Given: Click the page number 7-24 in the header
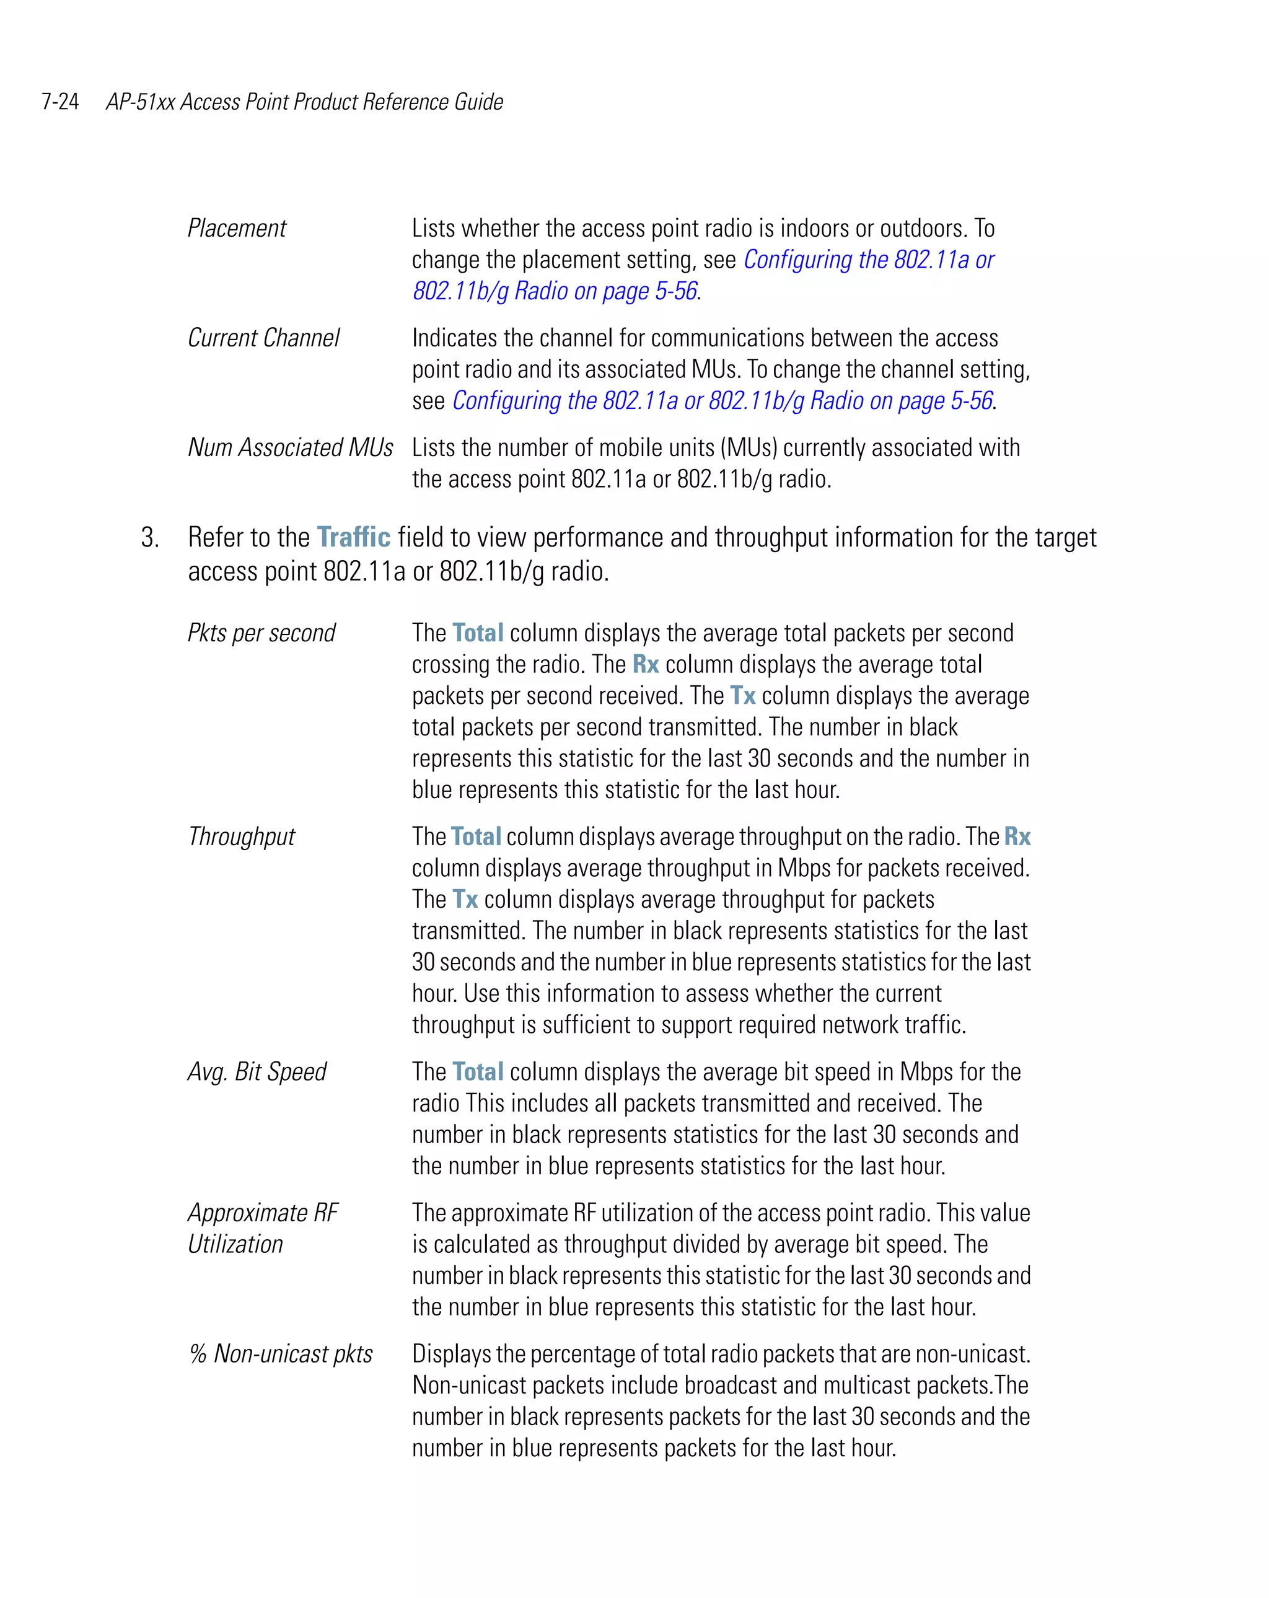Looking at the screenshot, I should (60, 102).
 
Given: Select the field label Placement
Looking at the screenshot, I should (237, 228).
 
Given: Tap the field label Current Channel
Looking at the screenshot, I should (263, 338).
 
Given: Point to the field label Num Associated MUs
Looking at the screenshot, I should (290, 448).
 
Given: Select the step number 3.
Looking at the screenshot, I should (150, 538).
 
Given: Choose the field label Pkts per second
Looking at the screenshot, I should (261, 633).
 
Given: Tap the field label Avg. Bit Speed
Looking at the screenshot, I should (257, 1072).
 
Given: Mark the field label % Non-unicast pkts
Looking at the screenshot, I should (280, 1354).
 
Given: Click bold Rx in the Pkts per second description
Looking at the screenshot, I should (645, 665).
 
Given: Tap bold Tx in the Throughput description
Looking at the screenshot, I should (465, 900).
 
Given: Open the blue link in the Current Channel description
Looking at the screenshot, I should (722, 401).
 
